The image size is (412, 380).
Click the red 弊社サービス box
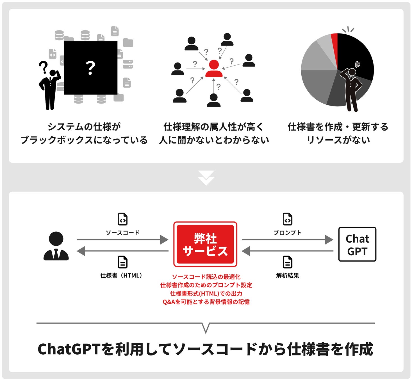(x=205, y=244)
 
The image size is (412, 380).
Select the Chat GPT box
(x=357, y=244)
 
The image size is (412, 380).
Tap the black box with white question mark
(x=90, y=68)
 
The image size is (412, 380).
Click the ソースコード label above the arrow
(x=122, y=233)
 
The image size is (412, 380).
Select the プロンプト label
(x=287, y=233)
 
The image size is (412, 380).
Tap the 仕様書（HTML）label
(x=121, y=276)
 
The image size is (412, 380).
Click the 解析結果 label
(x=287, y=276)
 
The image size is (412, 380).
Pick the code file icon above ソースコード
(x=122, y=219)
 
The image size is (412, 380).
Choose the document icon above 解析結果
(x=287, y=262)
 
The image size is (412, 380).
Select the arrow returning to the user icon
(x=122, y=251)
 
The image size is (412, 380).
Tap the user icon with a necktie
(x=56, y=246)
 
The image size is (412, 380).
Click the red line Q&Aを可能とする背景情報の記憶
(x=206, y=302)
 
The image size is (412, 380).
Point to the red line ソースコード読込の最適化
(x=206, y=277)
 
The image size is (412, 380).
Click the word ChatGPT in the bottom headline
(x=69, y=349)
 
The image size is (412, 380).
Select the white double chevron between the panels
(x=206, y=178)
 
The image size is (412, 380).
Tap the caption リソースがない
(x=338, y=140)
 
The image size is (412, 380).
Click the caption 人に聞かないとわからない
(x=214, y=140)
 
